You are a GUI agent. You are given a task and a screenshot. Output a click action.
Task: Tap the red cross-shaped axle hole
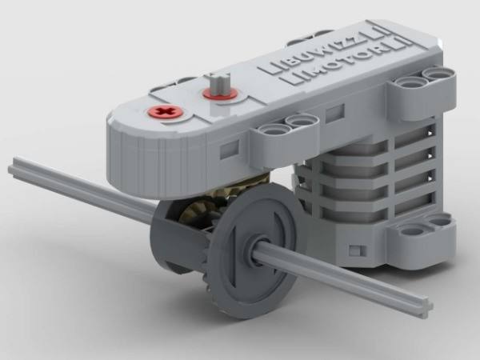(166, 113)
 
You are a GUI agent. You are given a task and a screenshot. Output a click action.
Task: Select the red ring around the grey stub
(220, 94)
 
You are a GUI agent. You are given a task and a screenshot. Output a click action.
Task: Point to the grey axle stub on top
(222, 84)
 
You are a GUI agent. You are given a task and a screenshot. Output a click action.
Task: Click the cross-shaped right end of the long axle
(425, 307)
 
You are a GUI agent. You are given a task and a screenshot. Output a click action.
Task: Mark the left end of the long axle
(14, 169)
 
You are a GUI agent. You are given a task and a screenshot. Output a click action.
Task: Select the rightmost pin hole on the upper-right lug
(438, 74)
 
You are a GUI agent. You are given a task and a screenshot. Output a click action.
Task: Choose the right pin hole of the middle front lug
(302, 121)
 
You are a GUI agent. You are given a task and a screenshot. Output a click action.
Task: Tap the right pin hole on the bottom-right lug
(439, 221)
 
